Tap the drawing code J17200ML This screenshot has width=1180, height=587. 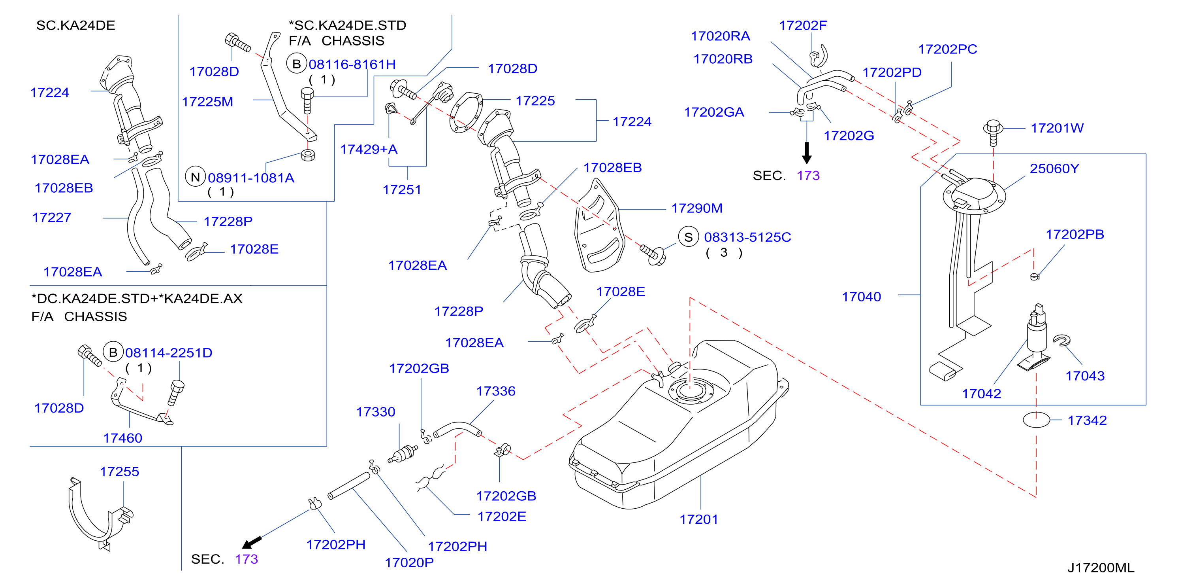(1101, 568)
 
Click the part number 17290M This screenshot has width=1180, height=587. (696, 208)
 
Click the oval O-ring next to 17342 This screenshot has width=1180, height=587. (1036, 420)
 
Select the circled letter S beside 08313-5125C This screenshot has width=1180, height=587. (688, 237)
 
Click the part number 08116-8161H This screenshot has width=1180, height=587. (352, 64)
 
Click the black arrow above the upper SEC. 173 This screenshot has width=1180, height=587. (807, 153)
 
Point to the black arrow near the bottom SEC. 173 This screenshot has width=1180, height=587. (252, 543)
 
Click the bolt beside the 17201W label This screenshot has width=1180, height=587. (993, 132)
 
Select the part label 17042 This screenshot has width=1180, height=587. (981, 394)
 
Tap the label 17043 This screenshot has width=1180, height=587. (1085, 376)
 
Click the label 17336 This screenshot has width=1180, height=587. (496, 391)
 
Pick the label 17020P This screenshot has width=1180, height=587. (408, 563)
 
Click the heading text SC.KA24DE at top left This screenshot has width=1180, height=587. (75, 25)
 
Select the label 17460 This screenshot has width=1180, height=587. (122, 438)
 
